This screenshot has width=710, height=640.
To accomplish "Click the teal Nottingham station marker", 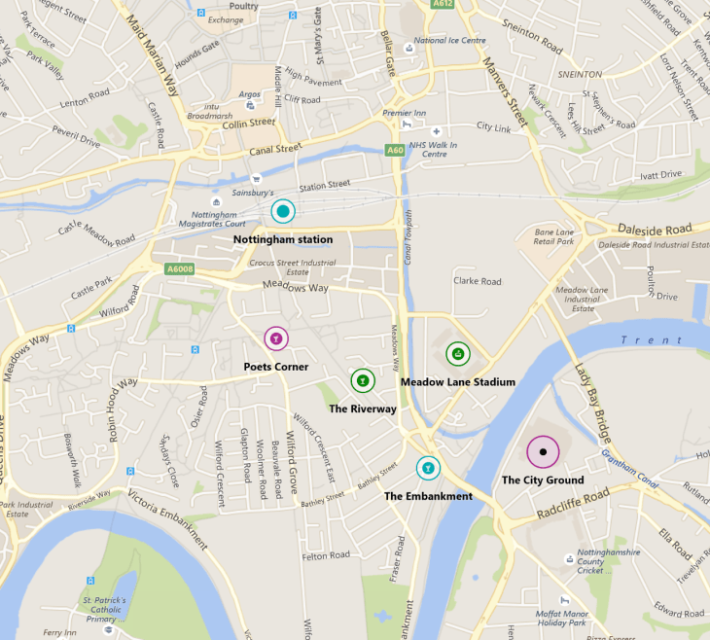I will pyautogui.click(x=282, y=211).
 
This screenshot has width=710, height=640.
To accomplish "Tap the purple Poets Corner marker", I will pyautogui.click(x=276, y=338).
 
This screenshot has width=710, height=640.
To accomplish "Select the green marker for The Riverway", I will pyautogui.click(x=362, y=380).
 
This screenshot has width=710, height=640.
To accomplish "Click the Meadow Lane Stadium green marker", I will pyautogui.click(x=457, y=354).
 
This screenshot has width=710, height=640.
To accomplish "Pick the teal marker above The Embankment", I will pyautogui.click(x=427, y=468).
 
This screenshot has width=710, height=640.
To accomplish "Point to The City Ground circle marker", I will pyautogui.click(x=543, y=452).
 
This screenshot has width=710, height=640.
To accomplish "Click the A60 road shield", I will pyautogui.click(x=394, y=151).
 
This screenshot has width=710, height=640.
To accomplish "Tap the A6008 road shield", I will pyautogui.click(x=179, y=269).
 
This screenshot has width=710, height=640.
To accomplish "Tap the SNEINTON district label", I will pyautogui.click(x=580, y=74).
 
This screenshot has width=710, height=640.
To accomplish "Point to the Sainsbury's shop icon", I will pyautogui.click(x=257, y=179).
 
